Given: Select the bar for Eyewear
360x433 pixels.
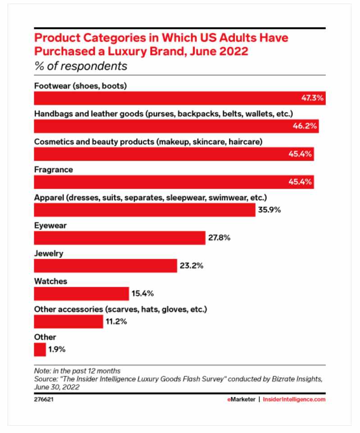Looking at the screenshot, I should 119,238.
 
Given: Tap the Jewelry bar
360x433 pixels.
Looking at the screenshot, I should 105,266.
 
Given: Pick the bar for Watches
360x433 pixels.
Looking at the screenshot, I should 82,294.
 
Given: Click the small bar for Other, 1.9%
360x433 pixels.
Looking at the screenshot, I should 40,350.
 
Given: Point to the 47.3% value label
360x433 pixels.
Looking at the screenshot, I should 312,98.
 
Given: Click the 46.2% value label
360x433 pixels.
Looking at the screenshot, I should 306,126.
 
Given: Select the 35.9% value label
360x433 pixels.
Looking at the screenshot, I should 270,210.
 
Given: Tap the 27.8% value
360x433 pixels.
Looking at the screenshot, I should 219,238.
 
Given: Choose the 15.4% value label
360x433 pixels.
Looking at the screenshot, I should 143,294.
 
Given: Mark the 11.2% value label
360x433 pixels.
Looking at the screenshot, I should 117,322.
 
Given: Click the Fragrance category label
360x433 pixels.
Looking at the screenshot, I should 54,170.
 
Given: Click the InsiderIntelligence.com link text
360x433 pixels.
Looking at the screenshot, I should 294,399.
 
